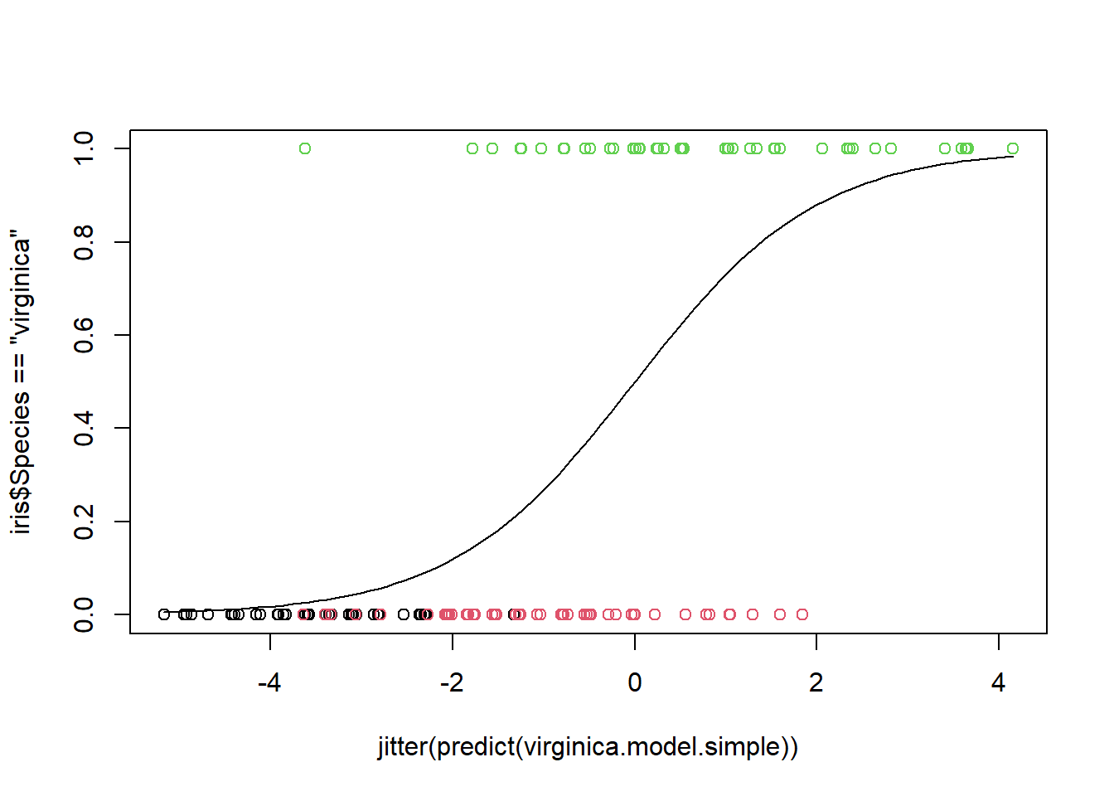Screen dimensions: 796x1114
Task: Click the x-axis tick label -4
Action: pyautogui.click(x=269, y=683)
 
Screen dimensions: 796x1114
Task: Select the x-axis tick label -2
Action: pyautogui.click(x=452, y=683)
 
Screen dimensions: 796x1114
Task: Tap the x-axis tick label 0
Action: pyautogui.click(x=635, y=683)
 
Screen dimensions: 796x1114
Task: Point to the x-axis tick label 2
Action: pyautogui.click(x=816, y=683)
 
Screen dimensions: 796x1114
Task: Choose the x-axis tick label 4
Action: pyautogui.click(x=999, y=683)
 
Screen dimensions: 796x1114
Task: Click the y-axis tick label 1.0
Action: pyautogui.click(x=84, y=148)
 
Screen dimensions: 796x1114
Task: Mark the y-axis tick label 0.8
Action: pyautogui.click(x=84, y=242)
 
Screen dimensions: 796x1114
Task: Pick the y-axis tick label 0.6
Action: pyautogui.click(x=84, y=335)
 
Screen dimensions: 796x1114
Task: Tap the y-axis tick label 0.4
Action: pyautogui.click(x=84, y=428)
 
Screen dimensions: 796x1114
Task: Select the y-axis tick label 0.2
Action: pyautogui.click(x=84, y=522)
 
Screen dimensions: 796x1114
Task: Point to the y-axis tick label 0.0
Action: pyautogui.click(x=84, y=614)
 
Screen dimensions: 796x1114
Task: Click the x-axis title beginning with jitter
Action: pyautogui.click(x=588, y=747)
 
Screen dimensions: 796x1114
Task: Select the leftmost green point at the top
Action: pyautogui.click(x=305, y=148)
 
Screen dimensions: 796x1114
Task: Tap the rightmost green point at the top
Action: pyautogui.click(x=1013, y=148)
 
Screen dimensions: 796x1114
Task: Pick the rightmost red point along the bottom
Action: pyautogui.click(x=802, y=614)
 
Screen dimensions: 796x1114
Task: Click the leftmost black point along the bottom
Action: pyautogui.click(x=164, y=614)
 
